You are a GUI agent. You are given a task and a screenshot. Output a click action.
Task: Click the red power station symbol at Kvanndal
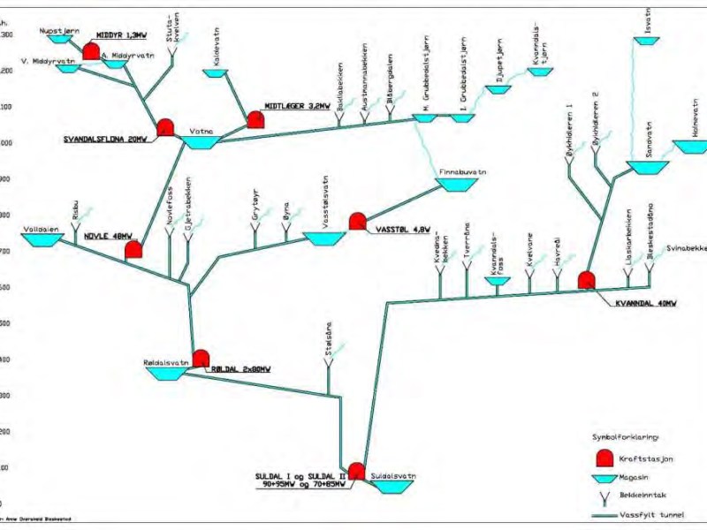coord(586,281)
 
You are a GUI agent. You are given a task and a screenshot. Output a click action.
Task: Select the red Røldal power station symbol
coord(201,359)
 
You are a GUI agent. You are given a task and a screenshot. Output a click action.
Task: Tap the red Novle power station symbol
coord(133,250)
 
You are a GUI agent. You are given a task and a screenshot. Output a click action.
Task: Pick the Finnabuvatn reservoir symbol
coord(456,185)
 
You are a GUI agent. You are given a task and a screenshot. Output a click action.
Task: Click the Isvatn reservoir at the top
coord(646,41)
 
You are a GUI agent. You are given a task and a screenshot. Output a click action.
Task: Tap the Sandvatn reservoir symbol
coord(649,166)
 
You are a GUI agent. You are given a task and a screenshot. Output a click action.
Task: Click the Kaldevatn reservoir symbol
coord(217,72)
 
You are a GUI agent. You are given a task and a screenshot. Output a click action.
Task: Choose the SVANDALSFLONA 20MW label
coord(105,140)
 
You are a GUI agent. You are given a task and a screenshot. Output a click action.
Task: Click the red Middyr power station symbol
coord(91,52)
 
